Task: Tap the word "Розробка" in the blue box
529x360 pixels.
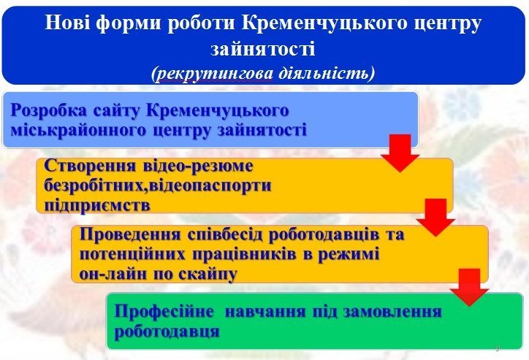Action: pyautogui.click(x=50, y=111)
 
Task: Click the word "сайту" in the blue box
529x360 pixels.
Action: pyautogui.click(x=118, y=111)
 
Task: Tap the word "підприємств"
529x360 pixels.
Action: pyautogui.click(x=97, y=204)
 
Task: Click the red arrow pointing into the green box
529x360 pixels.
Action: pyautogui.click(x=469, y=286)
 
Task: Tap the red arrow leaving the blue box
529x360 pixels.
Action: pyautogui.click(x=400, y=152)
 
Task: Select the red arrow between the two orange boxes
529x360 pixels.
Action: pyautogui.click(x=435, y=217)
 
